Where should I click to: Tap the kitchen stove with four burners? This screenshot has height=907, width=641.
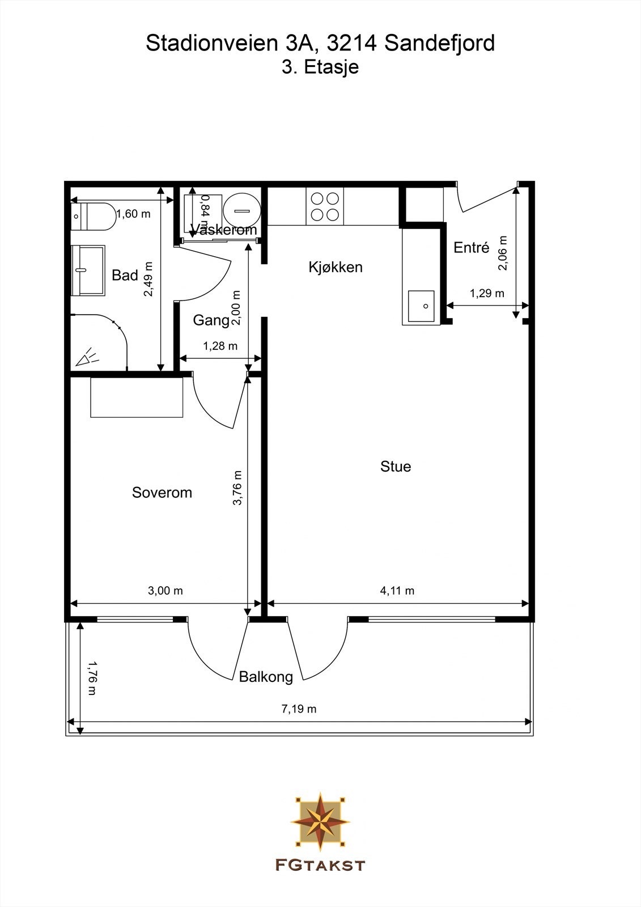(325, 206)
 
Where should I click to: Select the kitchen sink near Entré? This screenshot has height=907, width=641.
(421, 306)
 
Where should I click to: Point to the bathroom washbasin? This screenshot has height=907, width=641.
(88, 270)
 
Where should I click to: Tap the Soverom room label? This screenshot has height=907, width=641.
(162, 493)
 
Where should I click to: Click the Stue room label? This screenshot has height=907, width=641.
(396, 467)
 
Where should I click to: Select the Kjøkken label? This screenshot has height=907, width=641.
(336, 267)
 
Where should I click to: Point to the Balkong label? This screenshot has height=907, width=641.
(266, 676)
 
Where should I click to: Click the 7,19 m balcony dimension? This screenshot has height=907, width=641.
(299, 709)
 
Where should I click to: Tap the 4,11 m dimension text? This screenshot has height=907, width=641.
(397, 591)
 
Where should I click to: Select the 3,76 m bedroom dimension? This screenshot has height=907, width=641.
(237, 488)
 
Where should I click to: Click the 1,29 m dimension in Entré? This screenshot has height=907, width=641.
(487, 293)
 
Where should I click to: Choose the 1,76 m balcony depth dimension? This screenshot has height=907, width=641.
(92, 678)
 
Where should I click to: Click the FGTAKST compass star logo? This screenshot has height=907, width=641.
(320, 822)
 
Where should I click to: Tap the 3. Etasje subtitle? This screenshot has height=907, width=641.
(320, 67)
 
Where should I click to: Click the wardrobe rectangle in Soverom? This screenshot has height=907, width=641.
(137, 397)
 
